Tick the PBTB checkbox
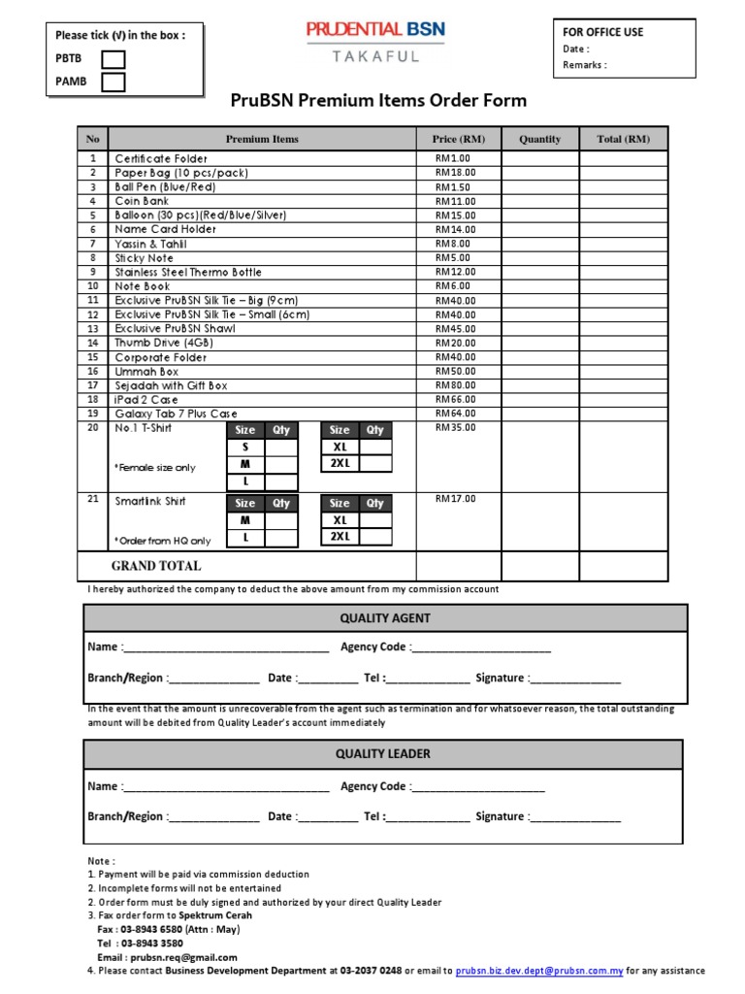[113, 59]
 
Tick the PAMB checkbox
[113, 82]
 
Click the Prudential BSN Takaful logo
[375, 42]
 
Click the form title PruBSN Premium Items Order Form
[378, 100]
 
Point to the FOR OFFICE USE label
[602, 32]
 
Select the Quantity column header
[539, 139]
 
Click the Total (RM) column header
[624, 139]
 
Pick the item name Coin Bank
[143, 201]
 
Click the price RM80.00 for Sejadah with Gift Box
[455, 385]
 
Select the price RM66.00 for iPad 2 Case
[455, 399]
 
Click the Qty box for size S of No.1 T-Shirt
[281, 447]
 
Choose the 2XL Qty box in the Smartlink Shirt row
[375, 537]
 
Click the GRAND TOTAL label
[156, 566]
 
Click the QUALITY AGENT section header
[385, 617]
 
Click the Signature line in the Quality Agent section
[574, 679]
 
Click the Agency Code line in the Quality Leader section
[477, 787]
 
